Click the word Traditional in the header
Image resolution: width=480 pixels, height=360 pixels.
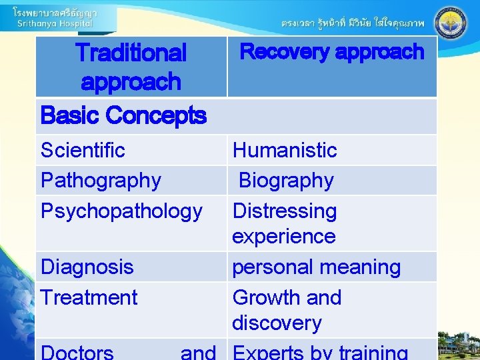click(131, 52)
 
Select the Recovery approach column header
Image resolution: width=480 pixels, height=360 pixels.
click(332, 51)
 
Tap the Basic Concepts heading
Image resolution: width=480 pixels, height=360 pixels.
click(123, 115)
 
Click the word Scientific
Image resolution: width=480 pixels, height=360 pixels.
click(83, 150)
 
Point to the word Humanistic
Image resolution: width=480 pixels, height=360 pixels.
click(285, 150)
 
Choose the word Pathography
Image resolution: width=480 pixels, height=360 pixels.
click(101, 180)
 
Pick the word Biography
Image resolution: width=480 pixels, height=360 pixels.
click(286, 180)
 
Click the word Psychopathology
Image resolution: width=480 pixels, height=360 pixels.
click(121, 211)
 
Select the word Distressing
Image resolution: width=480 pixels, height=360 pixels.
click(285, 211)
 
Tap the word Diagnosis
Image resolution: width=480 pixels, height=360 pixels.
click(87, 267)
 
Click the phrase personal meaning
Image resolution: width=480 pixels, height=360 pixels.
click(316, 267)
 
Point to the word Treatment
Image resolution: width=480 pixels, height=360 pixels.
click(89, 297)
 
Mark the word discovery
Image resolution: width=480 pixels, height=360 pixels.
click(277, 323)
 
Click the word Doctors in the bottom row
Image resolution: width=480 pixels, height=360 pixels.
click(77, 351)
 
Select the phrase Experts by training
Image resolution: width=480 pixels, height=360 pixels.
click(320, 351)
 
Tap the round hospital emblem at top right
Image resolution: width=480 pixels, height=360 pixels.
click(451, 24)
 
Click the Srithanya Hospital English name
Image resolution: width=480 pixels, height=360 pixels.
click(55, 23)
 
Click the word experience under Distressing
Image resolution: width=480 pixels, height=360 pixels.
click(283, 236)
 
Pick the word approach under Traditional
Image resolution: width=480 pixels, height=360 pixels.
click(131, 82)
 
